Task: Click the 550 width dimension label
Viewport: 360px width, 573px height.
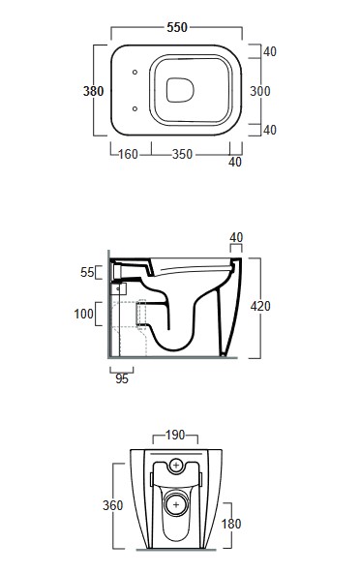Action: coord(177,27)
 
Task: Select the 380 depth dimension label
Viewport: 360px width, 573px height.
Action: coord(93,91)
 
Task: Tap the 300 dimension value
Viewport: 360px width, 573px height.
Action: coord(260,91)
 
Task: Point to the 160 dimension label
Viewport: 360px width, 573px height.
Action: coord(128,154)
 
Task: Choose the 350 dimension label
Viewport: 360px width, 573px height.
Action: coord(182,154)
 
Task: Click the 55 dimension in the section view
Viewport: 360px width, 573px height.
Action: coord(87,272)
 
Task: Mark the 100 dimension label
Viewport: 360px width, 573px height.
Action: coord(83,314)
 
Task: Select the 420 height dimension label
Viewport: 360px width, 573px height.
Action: coord(260,306)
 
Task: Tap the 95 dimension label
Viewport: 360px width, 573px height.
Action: coord(122,379)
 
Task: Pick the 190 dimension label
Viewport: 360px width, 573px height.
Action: coord(175,436)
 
